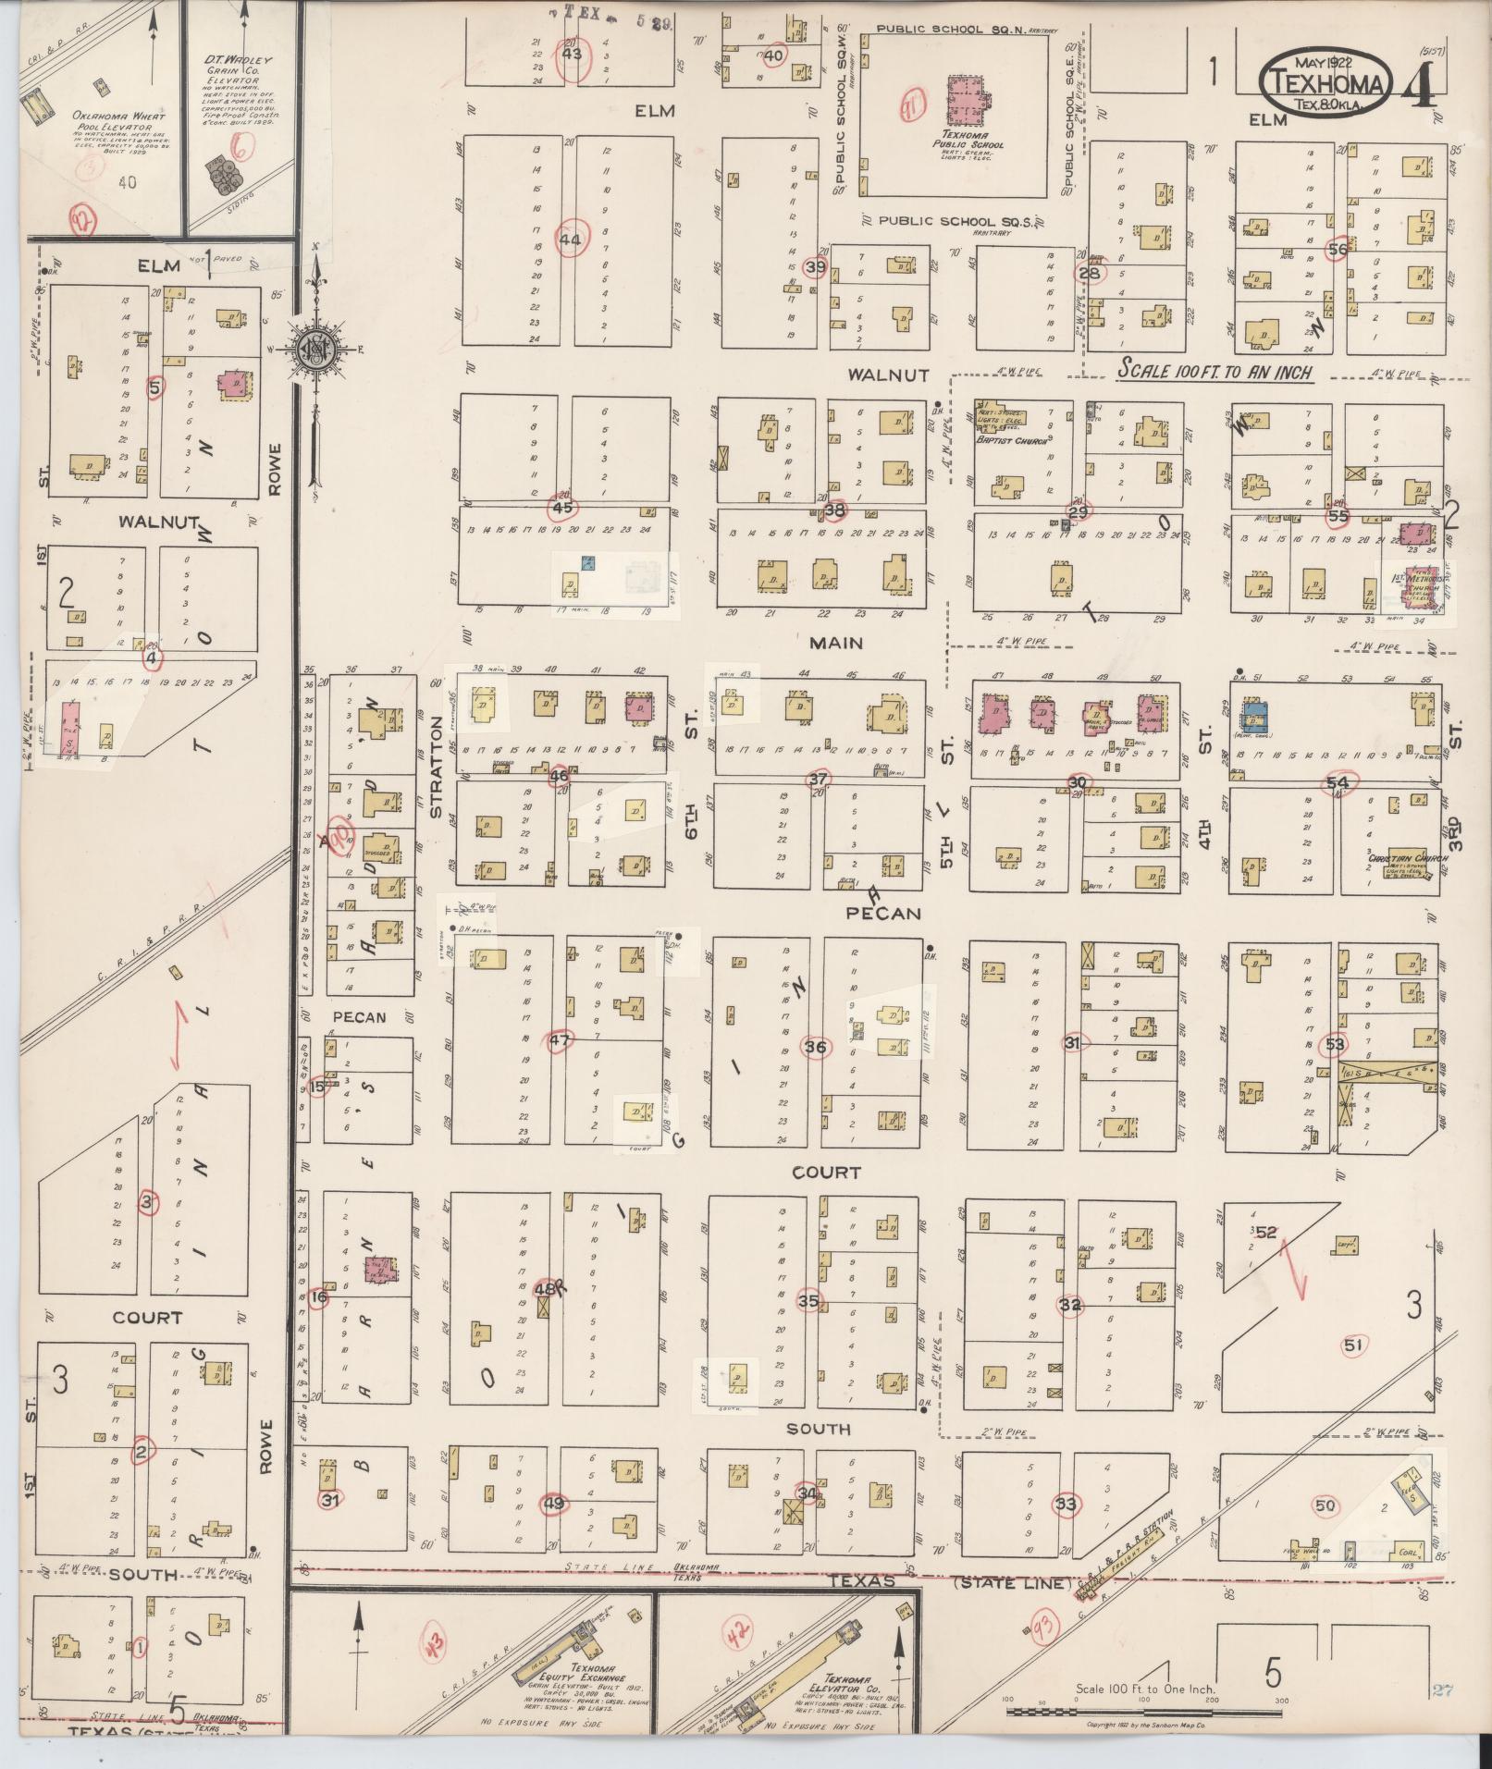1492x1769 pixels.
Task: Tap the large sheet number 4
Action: coord(1417,85)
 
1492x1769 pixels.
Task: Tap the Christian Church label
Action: coord(1403,858)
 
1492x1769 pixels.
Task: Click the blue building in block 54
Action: coord(1254,716)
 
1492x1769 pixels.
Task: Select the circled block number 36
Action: coord(815,1048)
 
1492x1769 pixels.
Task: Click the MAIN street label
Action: coord(836,643)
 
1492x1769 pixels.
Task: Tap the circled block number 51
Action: coord(1353,1345)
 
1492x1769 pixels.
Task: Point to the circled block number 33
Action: coord(1067,1505)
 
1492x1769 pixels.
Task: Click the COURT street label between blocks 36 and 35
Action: coord(826,1173)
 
